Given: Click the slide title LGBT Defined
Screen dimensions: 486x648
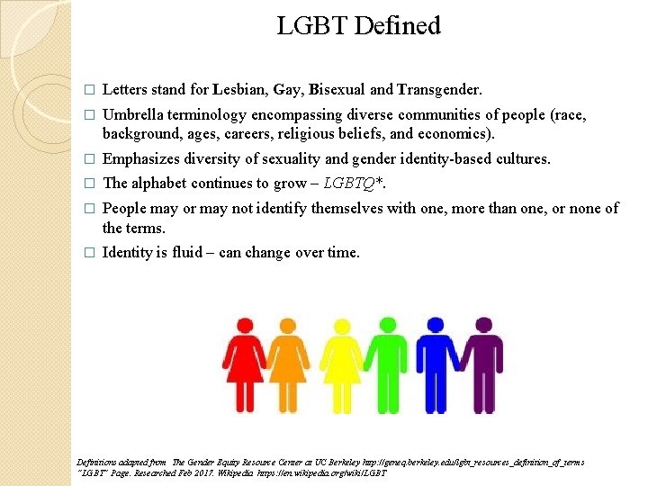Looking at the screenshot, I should (358, 25).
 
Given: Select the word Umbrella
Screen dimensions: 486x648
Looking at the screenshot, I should (132, 114).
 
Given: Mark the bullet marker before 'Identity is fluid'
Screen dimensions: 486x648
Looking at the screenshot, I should (88, 254).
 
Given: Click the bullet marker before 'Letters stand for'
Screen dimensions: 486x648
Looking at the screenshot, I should (88, 91).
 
